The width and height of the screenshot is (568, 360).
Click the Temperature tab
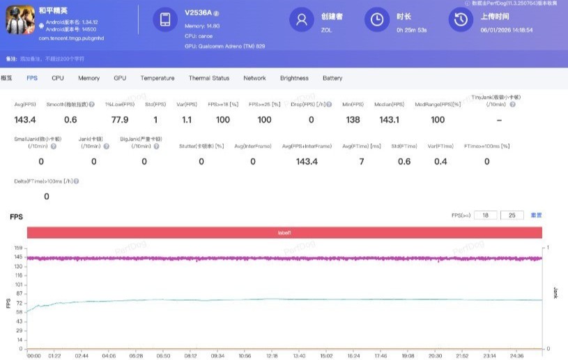point(158,78)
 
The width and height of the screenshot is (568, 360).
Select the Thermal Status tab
point(208,78)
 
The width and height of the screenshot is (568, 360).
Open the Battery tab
point(332,78)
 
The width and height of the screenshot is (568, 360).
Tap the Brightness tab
point(294,78)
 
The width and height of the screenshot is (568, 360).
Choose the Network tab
point(254,78)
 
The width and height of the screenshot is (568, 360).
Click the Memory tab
point(89,78)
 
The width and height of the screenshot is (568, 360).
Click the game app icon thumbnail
point(20,20)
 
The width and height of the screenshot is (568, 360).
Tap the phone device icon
point(165,19)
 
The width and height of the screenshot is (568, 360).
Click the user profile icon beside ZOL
point(302,19)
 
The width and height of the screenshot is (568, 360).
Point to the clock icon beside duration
point(377,19)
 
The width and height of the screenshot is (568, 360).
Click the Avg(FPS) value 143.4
point(25,120)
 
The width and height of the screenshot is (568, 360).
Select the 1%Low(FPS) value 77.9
point(120,120)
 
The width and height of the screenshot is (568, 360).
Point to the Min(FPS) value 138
point(353,120)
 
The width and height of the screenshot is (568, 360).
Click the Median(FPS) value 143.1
point(389,120)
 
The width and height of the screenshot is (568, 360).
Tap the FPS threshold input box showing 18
point(485,216)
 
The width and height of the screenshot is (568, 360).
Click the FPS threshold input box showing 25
point(512,216)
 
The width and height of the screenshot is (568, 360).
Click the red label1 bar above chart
point(284,233)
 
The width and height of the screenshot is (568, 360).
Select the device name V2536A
point(198,13)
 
